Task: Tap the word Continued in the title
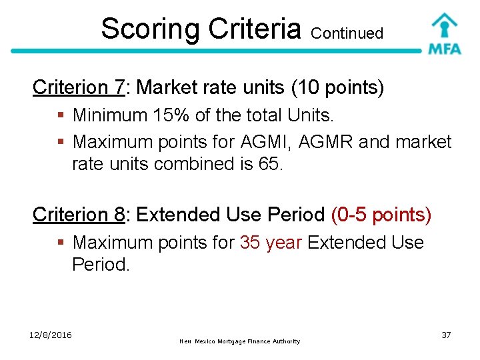(x=347, y=33)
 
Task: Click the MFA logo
(x=444, y=33)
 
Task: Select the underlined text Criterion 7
(x=79, y=87)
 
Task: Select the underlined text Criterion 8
(x=79, y=215)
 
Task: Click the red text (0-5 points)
(x=381, y=215)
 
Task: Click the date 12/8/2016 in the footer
(x=51, y=334)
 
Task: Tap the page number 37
(x=445, y=335)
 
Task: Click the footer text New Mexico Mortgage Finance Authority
(x=240, y=341)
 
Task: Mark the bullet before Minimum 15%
(x=61, y=116)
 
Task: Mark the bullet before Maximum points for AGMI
(x=61, y=143)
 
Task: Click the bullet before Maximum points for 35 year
(x=61, y=243)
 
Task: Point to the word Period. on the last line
(x=100, y=265)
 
